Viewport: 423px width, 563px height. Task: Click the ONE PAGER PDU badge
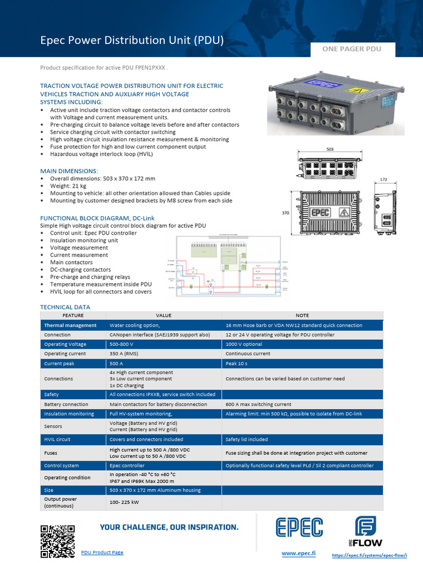351,49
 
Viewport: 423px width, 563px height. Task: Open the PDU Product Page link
102,552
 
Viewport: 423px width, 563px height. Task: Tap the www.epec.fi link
298,553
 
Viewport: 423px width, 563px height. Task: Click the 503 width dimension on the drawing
330,150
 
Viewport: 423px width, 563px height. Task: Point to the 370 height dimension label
286,212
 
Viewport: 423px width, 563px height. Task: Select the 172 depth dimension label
384,180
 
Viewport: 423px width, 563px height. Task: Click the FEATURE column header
73,316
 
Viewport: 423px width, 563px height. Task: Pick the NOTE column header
302,316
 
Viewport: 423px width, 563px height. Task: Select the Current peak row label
59,363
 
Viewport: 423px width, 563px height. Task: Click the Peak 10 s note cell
240,363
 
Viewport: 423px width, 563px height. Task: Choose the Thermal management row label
70,325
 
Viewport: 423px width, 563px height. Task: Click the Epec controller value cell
127,465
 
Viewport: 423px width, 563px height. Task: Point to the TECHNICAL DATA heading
65,307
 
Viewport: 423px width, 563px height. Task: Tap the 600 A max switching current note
259,404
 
